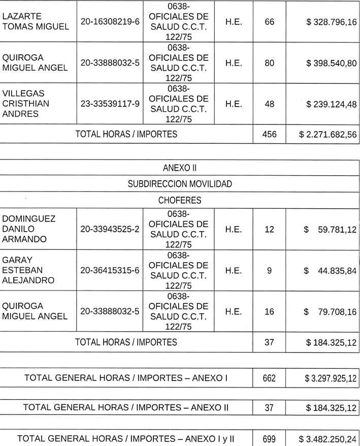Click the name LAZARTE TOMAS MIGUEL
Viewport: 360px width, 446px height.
(x=36, y=21)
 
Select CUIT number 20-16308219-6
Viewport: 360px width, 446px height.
(x=110, y=21)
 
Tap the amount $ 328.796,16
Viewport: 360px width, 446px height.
(x=332, y=22)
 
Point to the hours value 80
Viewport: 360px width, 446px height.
(x=269, y=63)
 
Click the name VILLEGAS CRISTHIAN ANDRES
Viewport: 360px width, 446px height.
(x=27, y=104)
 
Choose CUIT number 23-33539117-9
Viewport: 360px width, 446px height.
(x=110, y=104)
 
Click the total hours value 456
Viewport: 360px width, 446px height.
(x=269, y=135)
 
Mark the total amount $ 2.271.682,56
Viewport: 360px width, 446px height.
(x=328, y=135)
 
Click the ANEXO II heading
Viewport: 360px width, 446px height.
(x=180, y=168)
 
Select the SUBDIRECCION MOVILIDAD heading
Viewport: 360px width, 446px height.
(x=180, y=184)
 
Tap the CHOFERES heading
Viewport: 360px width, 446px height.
(x=180, y=200)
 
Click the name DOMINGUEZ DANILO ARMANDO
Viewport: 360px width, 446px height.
(x=29, y=229)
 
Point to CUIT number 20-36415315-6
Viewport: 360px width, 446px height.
(x=110, y=271)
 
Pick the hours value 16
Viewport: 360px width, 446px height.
(x=269, y=311)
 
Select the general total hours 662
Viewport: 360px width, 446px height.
(x=269, y=378)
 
